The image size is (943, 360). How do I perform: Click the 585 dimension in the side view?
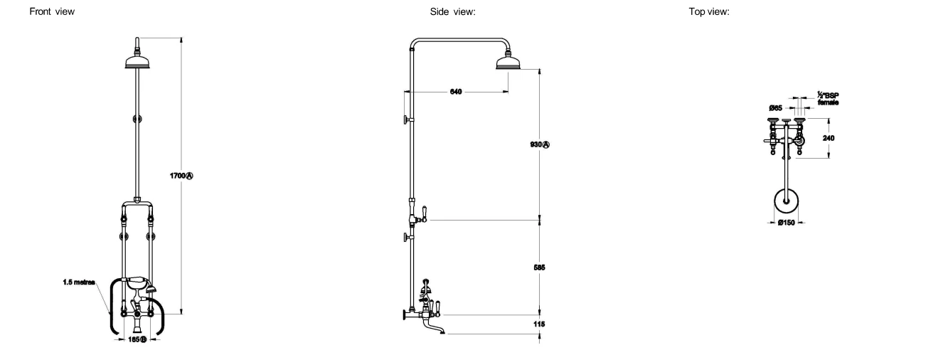point(538,268)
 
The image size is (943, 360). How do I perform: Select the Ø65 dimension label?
point(776,107)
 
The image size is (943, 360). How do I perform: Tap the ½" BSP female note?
point(828,99)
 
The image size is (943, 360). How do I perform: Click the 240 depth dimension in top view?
point(829,138)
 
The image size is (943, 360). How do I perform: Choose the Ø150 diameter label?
point(785,223)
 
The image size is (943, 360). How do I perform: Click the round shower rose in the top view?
point(786,200)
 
